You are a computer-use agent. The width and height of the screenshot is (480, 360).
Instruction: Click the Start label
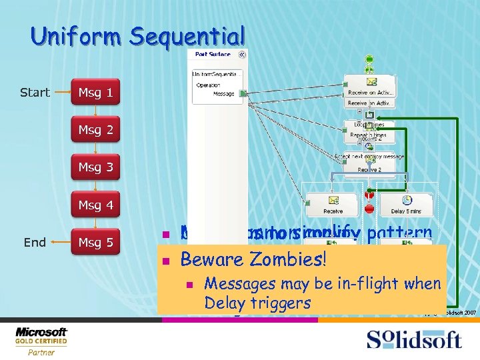[35, 92]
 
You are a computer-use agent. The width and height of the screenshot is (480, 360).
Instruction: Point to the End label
[35, 242]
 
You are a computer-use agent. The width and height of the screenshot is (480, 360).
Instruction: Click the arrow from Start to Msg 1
[61, 92]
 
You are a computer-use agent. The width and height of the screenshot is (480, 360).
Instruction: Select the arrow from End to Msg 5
[61, 242]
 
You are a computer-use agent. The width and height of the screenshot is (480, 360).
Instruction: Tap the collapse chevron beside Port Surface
[241, 55]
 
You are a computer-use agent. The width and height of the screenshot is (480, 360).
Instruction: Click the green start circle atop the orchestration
[369, 59]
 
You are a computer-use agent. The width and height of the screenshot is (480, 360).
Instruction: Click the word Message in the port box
[223, 94]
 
